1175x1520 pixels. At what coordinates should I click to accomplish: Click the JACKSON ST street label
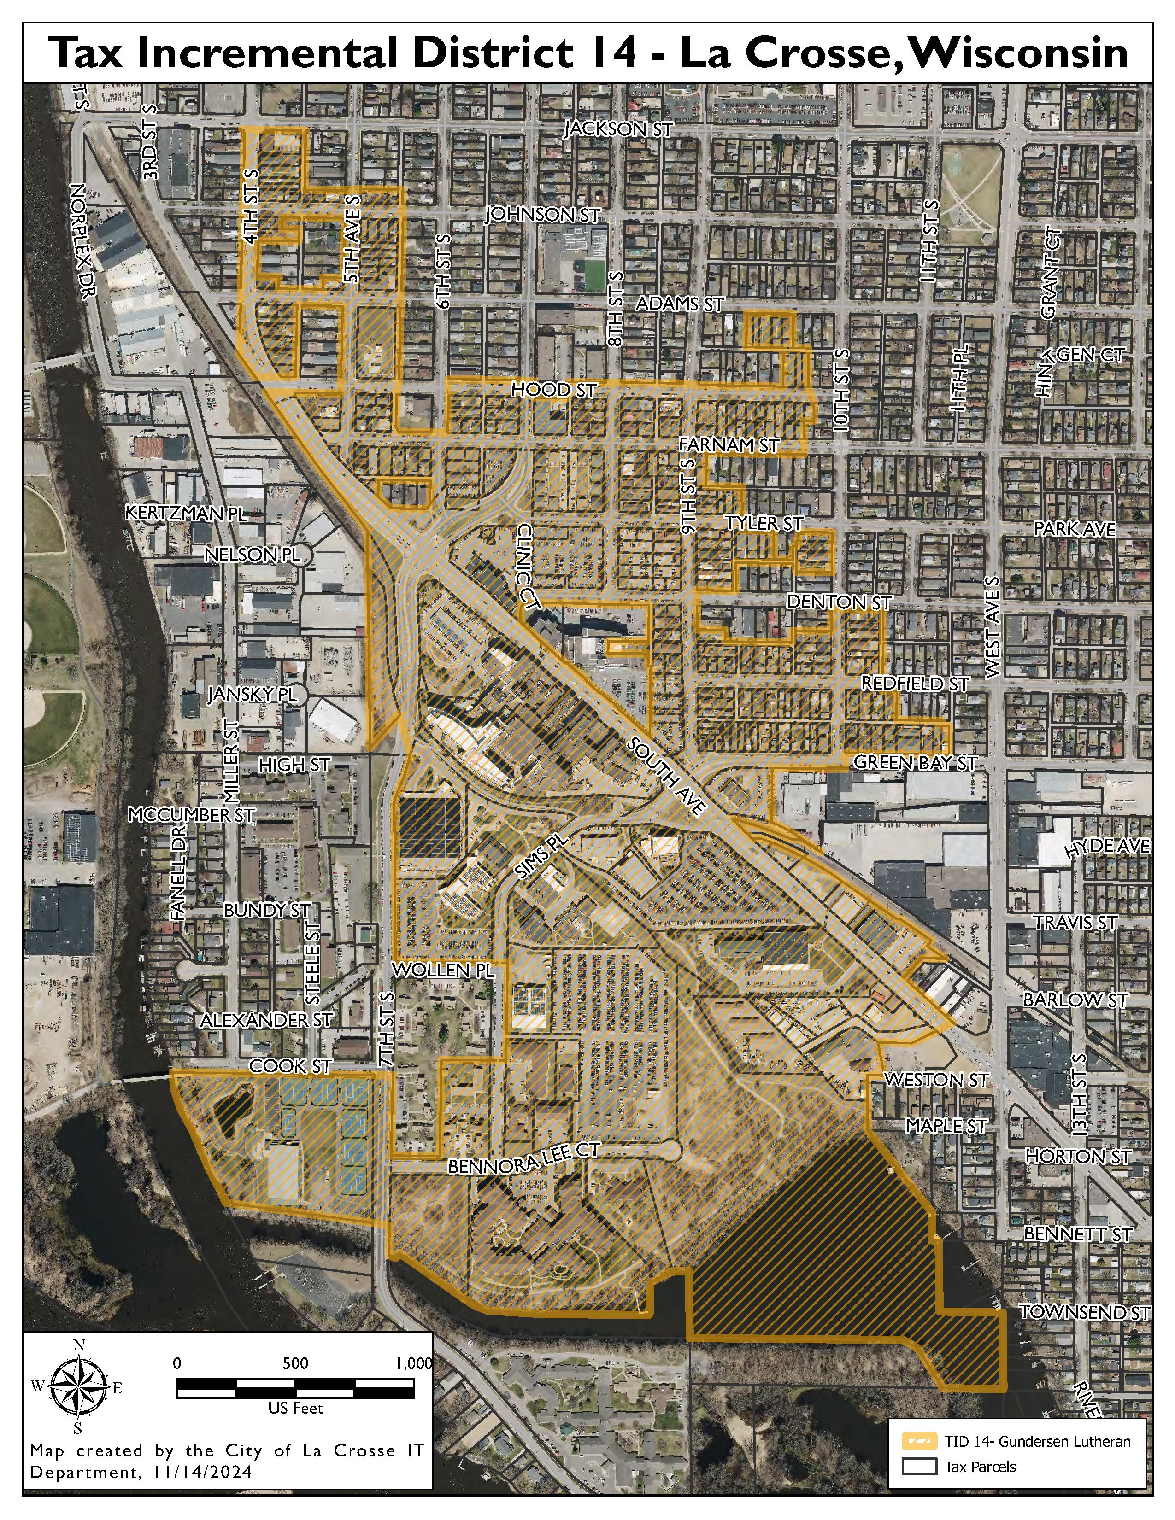coord(618,129)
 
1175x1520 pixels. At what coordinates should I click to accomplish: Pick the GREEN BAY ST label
coord(916,763)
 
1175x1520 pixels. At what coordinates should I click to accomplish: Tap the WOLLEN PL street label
coord(443,970)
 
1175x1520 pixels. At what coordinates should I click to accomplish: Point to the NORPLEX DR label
coord(82,241)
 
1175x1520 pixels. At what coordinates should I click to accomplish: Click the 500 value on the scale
coord(295,1363)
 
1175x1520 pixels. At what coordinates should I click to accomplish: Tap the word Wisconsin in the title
coord(1017,53)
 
